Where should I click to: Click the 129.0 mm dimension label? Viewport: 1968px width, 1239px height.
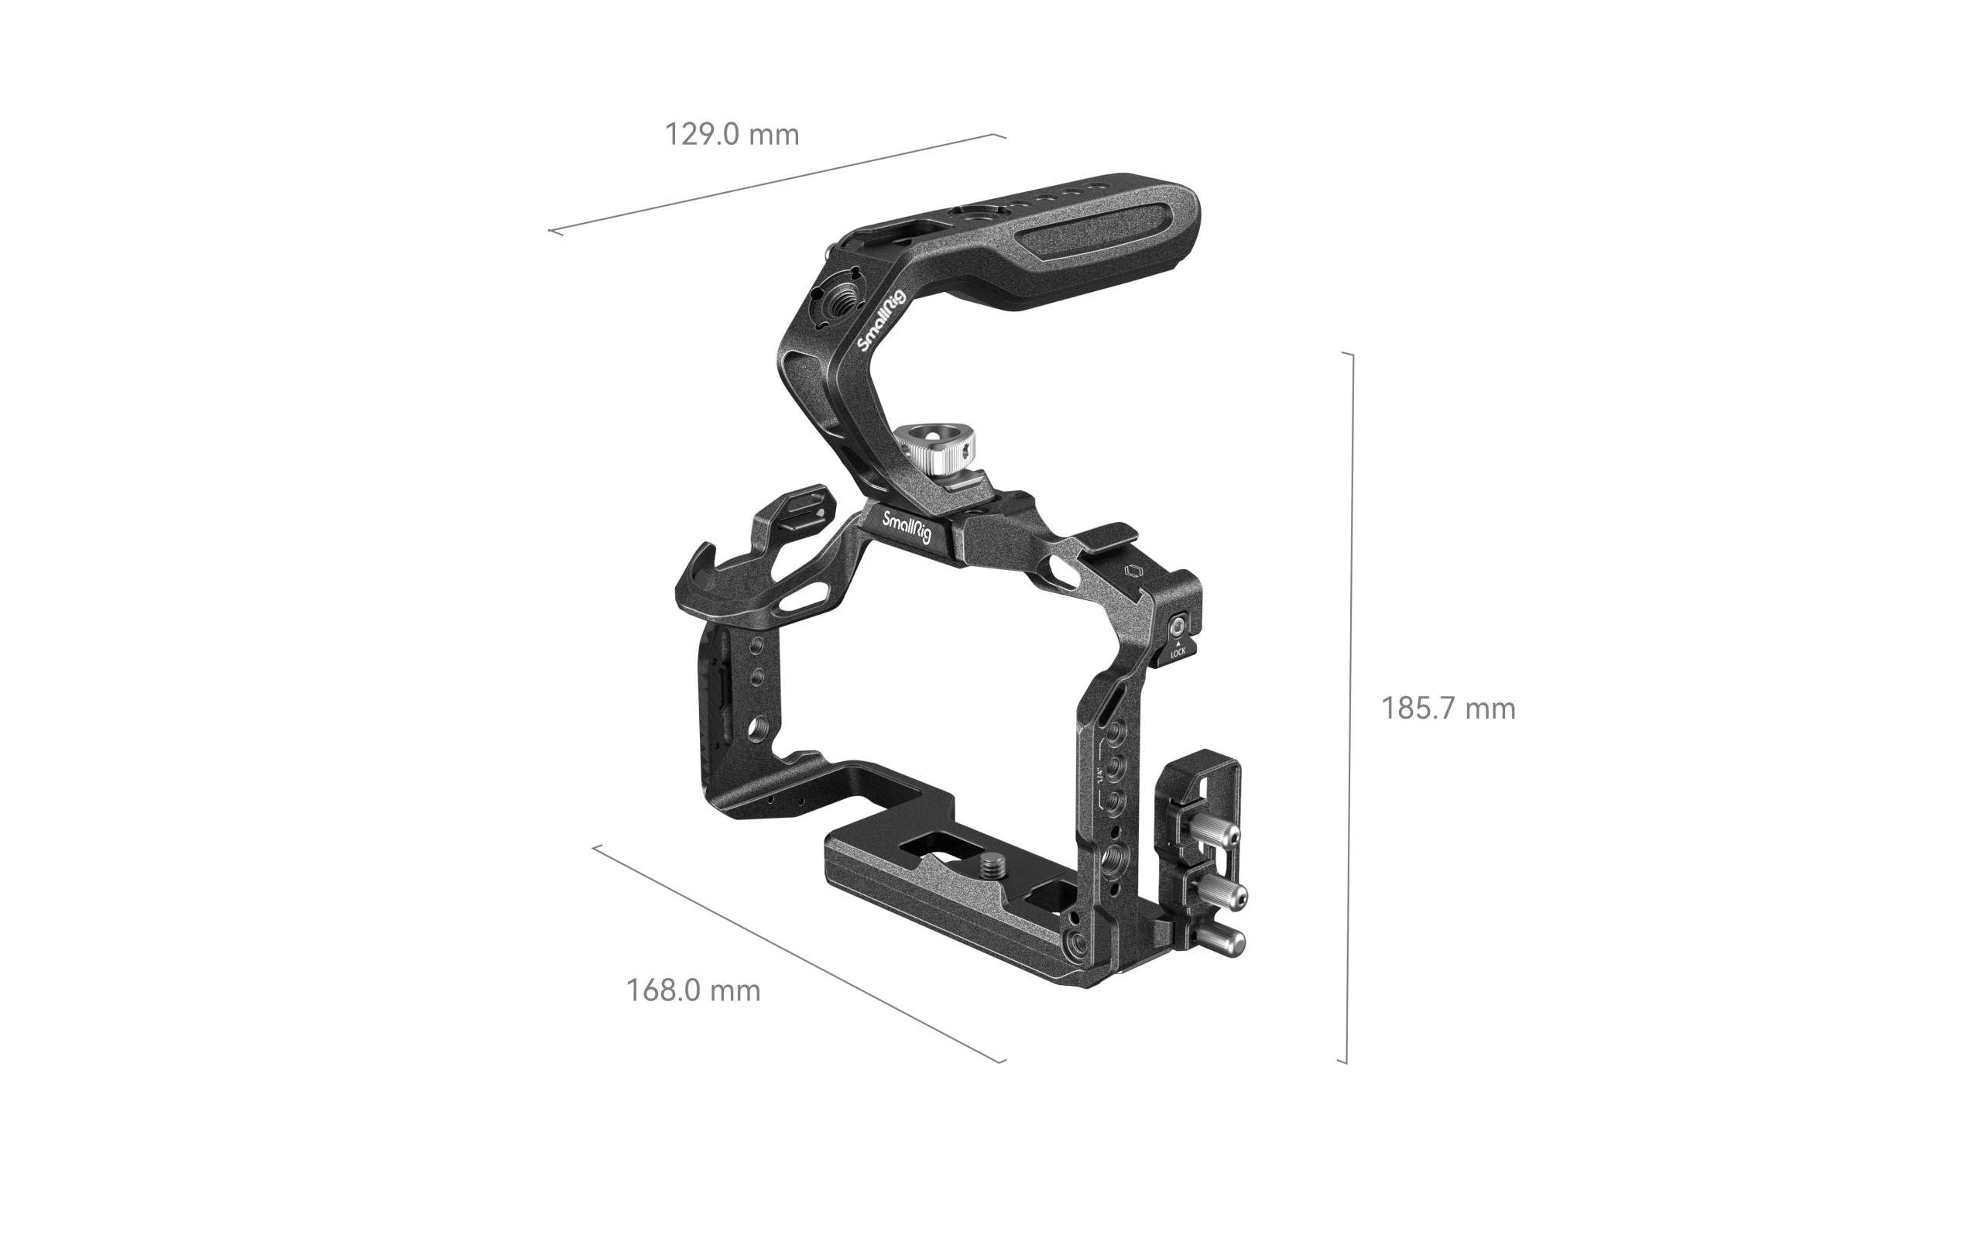(732, 134)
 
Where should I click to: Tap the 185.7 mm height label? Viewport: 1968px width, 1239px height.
(1448, 708)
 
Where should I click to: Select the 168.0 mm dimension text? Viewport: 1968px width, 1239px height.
(693, 990)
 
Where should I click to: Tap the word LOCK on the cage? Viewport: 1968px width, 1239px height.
(1178, 652)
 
